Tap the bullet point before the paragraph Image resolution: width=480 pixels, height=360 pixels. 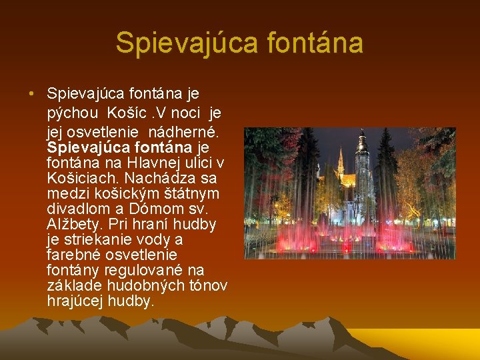[x=32, y=92]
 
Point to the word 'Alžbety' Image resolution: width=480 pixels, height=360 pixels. [x=75, y=224]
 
